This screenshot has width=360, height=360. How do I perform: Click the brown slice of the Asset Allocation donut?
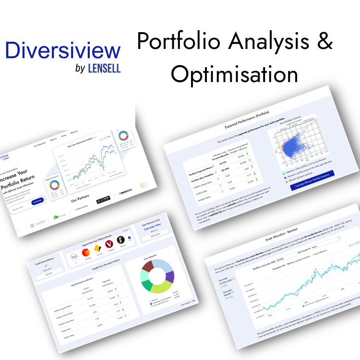pos(147,265)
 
